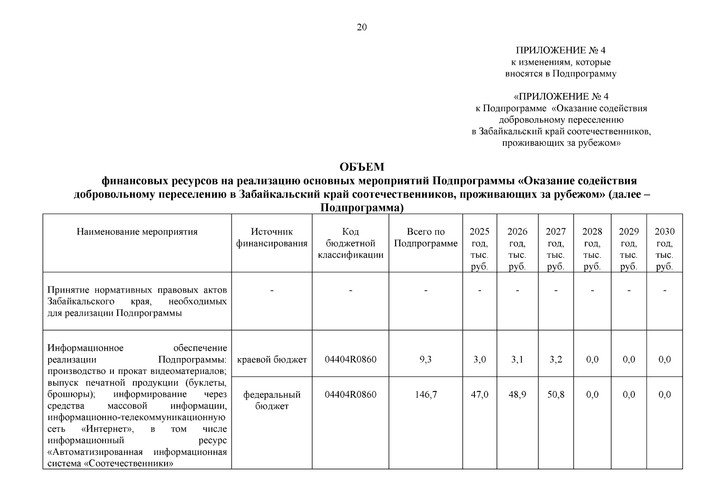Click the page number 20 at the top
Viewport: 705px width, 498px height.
[362, 27]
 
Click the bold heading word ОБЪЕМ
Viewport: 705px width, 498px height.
[362, 167]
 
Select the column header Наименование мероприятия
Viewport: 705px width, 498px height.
[137, 232]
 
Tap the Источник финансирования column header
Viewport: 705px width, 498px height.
[272, 237]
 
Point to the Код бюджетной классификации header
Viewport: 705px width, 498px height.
[351, 243]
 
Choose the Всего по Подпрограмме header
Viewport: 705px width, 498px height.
[425, 237]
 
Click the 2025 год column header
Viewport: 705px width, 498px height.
[479, 249]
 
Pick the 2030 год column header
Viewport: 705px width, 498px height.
[664, 249]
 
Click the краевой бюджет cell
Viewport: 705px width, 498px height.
[272, 359]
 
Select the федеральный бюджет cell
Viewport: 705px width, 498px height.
[272, 400]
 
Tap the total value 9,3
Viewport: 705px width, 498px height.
[425, 359]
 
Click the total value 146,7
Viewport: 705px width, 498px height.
[425, 395]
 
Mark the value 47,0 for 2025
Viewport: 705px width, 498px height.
[479, 395]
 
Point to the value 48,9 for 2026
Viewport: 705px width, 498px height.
[517, 395]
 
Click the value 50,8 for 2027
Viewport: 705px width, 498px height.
[555, 395]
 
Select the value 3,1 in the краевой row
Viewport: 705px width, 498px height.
[517, 359]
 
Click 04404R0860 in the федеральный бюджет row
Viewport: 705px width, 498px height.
[351, 395]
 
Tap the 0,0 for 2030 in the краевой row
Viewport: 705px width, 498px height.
[664, 359]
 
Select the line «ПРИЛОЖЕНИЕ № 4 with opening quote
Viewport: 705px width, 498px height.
[561, 97]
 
